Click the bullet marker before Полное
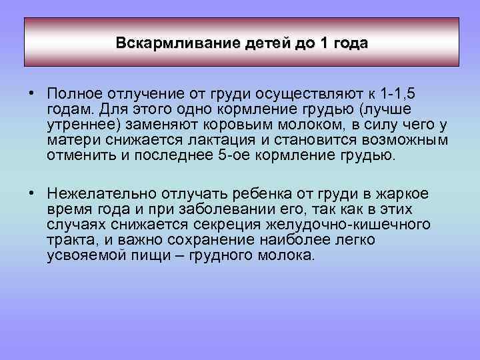tap(32, 91)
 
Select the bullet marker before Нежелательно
tap(32, 193)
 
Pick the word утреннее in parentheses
tap(79, 125)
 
